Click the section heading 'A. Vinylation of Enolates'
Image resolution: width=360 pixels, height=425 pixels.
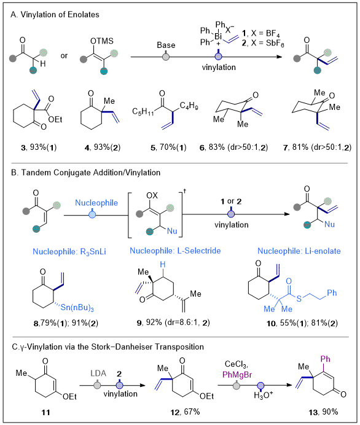55,14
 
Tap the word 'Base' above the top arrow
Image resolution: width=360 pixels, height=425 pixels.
166,45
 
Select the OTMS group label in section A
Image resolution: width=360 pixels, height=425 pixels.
101,41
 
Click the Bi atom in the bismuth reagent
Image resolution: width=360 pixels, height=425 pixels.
218,36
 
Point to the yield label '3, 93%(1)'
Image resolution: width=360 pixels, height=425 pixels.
39,147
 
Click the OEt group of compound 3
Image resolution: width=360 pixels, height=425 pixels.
55,119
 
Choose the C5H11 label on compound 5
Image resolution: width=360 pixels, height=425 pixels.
143,111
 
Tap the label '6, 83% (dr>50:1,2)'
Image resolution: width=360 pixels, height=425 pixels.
233,147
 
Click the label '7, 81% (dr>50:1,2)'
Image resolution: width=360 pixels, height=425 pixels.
317,147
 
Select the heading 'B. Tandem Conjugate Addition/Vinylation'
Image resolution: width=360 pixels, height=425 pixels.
85,173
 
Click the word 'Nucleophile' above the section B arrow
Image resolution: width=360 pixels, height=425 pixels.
96,203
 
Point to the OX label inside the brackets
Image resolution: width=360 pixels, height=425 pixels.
152,195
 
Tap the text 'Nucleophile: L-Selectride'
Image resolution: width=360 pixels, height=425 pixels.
175,251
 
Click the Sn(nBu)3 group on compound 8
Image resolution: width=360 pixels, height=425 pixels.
77,308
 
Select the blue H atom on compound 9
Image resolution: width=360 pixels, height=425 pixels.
162,264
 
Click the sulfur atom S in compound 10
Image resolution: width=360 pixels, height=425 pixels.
299,299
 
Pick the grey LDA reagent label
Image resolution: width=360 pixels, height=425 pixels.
98,373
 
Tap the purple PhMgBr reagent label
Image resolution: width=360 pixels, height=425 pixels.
237,375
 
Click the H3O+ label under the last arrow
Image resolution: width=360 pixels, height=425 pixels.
263,395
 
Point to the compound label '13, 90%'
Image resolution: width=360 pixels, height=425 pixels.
323,412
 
